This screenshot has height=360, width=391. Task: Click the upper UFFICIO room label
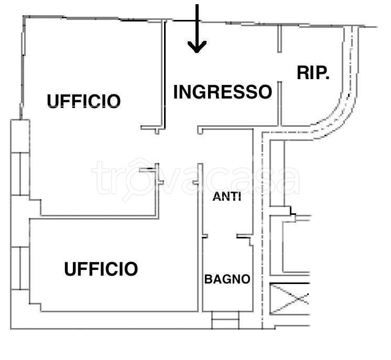pyautogui.click(x=84, y=101)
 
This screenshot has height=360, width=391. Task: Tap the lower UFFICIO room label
pyautogui.click(x=101, y=269)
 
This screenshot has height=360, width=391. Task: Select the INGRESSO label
pyautogui.click(x=222, y=92)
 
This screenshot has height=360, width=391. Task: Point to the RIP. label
pyautogui.click(x=313, y=73)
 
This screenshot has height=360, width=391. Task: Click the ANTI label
pyautogui.click(x=226, y=198)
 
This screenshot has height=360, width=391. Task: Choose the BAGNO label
pyautogui.click(x=227, y=279)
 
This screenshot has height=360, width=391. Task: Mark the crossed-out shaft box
pyautogui.click(x=289, y=299)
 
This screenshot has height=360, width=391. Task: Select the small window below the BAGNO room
pyautogui.click(x=225, y=320)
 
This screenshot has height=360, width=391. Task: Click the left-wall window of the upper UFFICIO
pyautogui.click(x=20, y=157)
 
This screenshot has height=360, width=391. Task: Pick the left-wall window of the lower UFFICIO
pyautogui.click(x=20, y=267)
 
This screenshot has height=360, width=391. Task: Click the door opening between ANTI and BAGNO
pyautogui.click(x=221, y=237)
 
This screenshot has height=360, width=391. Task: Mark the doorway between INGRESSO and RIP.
pyautogui.click(x=279, y=66)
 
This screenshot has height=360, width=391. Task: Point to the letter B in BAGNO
pyautogui.click(x=208, y=279)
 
